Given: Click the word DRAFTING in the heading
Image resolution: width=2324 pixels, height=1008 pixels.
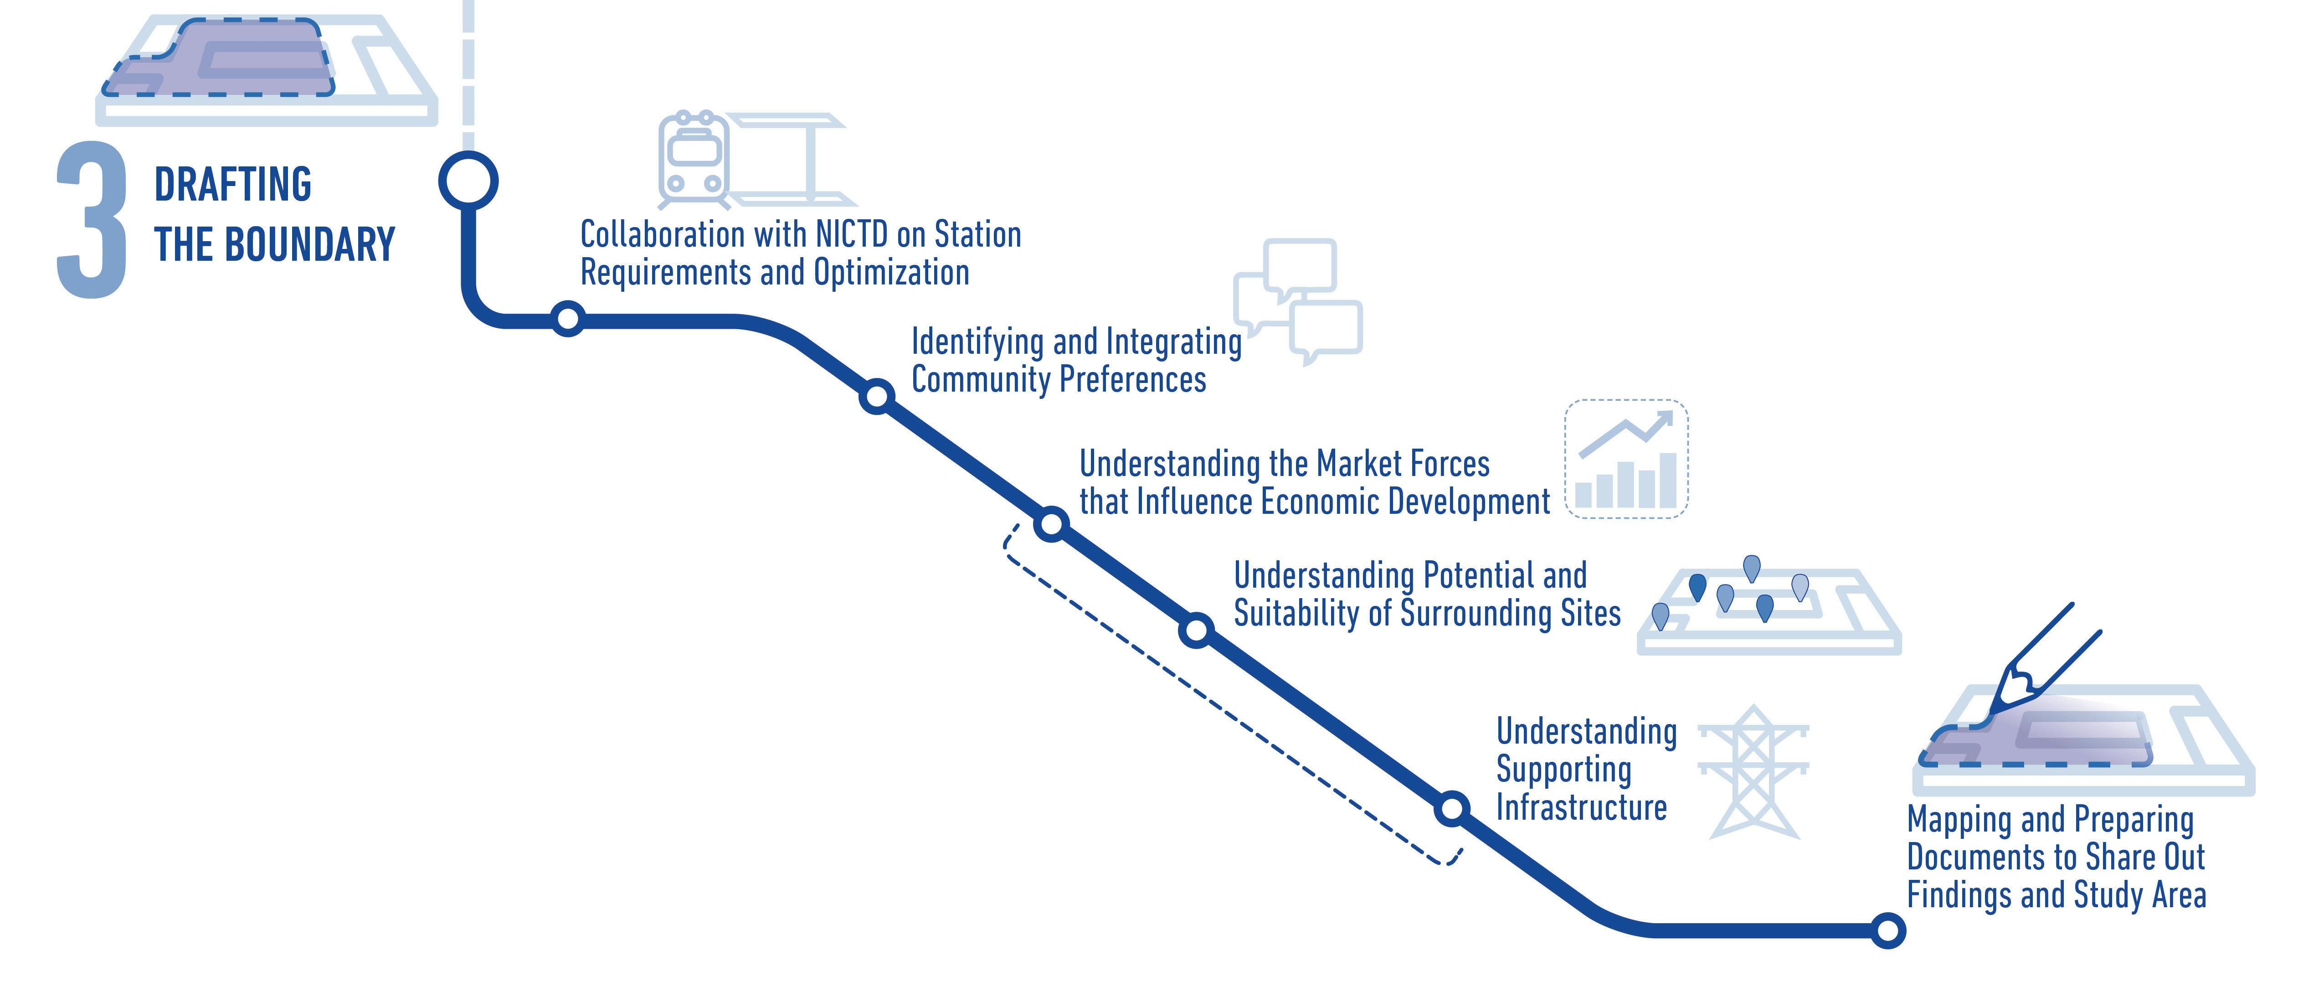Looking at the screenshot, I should coord(233,185).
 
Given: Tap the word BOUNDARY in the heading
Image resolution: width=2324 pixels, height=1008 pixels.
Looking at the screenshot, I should coord(309,245).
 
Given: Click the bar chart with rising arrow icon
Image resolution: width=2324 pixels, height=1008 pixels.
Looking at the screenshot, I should coord(1626,460).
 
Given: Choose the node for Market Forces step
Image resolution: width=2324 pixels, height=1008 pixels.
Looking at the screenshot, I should coord(1051,523).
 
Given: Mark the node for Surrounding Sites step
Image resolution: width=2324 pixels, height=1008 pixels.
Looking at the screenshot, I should coord(1195,630).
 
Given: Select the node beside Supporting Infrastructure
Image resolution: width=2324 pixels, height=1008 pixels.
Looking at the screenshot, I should coord(1452,808).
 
